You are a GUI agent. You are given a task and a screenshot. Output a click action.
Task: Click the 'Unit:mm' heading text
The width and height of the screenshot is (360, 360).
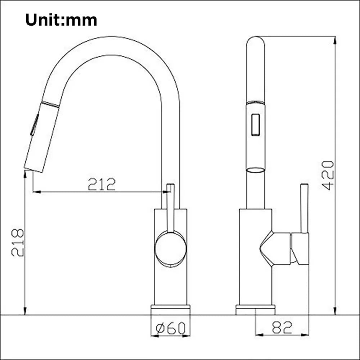tap(61, 20)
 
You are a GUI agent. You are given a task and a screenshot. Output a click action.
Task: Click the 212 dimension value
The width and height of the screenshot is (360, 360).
tap(102, 184)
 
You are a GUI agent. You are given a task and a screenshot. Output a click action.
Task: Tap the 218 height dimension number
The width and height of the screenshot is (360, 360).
tap(18, 242)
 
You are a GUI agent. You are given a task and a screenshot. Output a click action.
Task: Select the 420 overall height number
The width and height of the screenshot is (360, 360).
tap(328, 175)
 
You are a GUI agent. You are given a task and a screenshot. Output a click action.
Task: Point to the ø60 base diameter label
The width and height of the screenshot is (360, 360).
tap(171, 328)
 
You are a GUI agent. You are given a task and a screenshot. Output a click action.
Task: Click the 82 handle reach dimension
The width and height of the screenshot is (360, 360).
tap(282, 327)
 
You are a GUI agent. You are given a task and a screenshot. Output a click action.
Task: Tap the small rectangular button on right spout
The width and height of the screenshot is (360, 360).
tap(256, 125)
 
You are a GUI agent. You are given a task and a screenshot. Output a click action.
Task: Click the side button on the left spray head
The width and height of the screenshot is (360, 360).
tap(35, 125)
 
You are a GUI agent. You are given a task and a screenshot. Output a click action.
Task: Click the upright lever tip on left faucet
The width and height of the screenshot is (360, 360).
tap(171, 187)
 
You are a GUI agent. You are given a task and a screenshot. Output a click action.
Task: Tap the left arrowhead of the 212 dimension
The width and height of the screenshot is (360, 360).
tap(35, 192)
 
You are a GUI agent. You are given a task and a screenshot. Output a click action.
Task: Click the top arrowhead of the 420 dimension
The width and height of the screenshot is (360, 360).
tap(335, 39)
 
